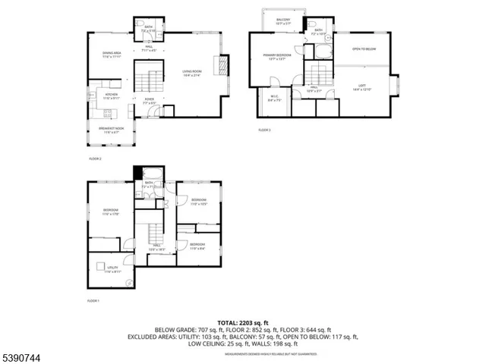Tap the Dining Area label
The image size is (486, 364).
tap(112, 55)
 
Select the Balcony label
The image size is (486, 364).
tap(282, 21)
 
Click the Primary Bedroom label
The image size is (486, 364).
tap(277, 57)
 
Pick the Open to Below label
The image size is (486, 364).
tap(364, 50)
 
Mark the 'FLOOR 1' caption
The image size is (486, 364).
tap(94, 301)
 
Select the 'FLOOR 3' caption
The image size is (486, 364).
tap(264, 130)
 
